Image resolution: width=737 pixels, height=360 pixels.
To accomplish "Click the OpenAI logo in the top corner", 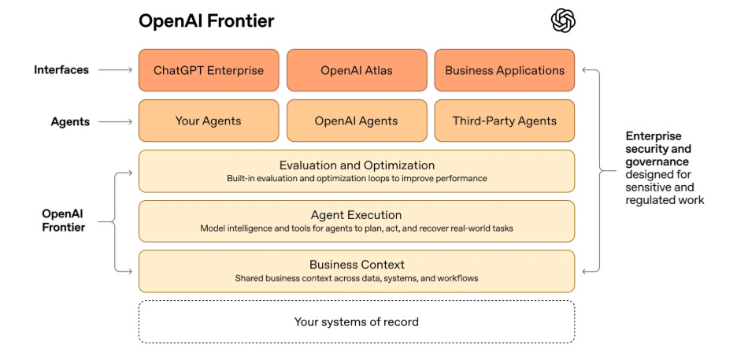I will point(563,21).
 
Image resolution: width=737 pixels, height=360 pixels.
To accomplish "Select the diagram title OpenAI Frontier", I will point(206,21).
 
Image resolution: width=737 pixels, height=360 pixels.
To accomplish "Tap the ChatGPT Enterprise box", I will point(209,70).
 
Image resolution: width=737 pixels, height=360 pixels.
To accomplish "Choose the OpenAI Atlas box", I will point(357,70).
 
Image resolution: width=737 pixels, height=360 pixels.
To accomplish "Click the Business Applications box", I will point(505,70).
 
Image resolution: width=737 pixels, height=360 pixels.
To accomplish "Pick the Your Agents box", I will point(209,121).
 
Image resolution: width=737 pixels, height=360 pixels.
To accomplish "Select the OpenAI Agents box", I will point(357,121).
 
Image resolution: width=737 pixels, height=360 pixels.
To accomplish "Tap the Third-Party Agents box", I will point(505,121).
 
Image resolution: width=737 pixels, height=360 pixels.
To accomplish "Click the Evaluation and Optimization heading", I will point(357,165).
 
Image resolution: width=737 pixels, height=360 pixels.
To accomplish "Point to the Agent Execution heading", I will point(357,215).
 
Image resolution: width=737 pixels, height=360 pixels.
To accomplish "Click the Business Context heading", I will point(357,265).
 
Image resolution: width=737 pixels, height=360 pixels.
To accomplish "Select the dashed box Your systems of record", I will point(357,321).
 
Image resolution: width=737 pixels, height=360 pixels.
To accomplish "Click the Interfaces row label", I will point(61,70).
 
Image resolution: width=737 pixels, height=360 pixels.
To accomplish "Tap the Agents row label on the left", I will point(70,121).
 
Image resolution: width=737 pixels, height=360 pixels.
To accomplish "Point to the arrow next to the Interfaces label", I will point(117,70).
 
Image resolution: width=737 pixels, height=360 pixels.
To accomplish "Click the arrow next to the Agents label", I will point(117,121).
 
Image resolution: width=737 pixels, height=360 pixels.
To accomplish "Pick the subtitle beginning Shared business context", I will point(357,278).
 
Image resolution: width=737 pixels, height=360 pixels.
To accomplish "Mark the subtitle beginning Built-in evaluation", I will point(357,179).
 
